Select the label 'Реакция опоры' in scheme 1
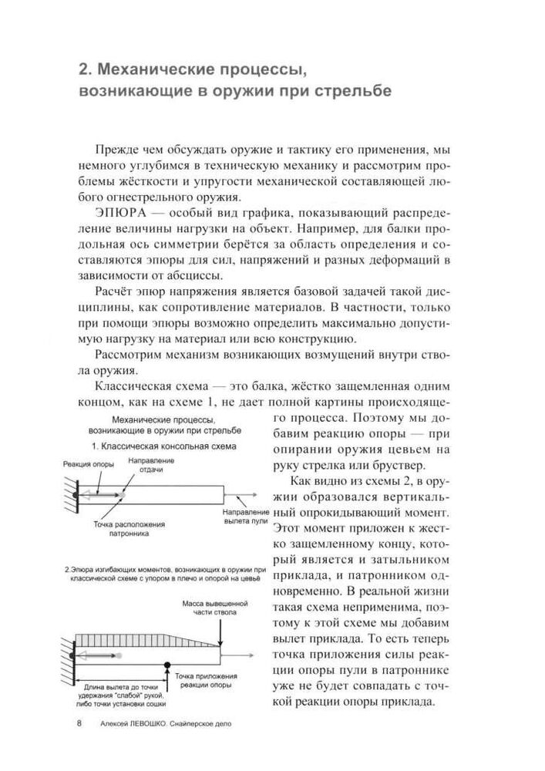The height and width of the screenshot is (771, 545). [x=89, y=464]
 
